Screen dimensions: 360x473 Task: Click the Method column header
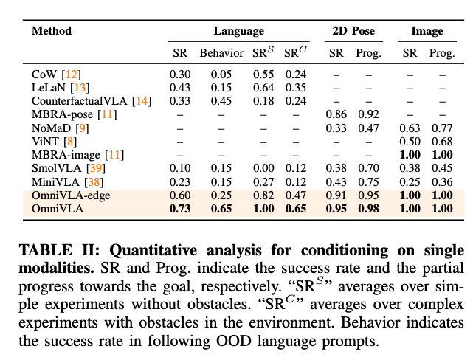point(52,32)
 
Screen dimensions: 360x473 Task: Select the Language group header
point(238,32)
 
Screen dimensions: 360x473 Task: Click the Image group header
point(427,32)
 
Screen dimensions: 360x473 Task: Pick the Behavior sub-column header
point(221,53)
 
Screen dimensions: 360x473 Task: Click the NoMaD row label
point(49,128)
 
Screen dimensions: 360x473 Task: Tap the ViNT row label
point(44,141)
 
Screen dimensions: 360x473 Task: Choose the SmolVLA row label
point(54,167)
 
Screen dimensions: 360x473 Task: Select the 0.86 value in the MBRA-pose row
point(336,114)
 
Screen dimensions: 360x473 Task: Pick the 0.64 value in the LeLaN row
point(262,88)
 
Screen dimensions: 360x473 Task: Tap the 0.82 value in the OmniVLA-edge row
point(262,194)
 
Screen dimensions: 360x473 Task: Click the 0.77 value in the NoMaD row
point(442,128)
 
